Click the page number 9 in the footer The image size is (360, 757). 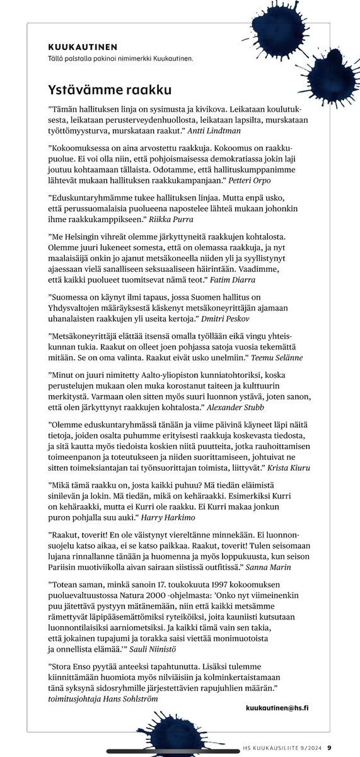pos(328,748)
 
